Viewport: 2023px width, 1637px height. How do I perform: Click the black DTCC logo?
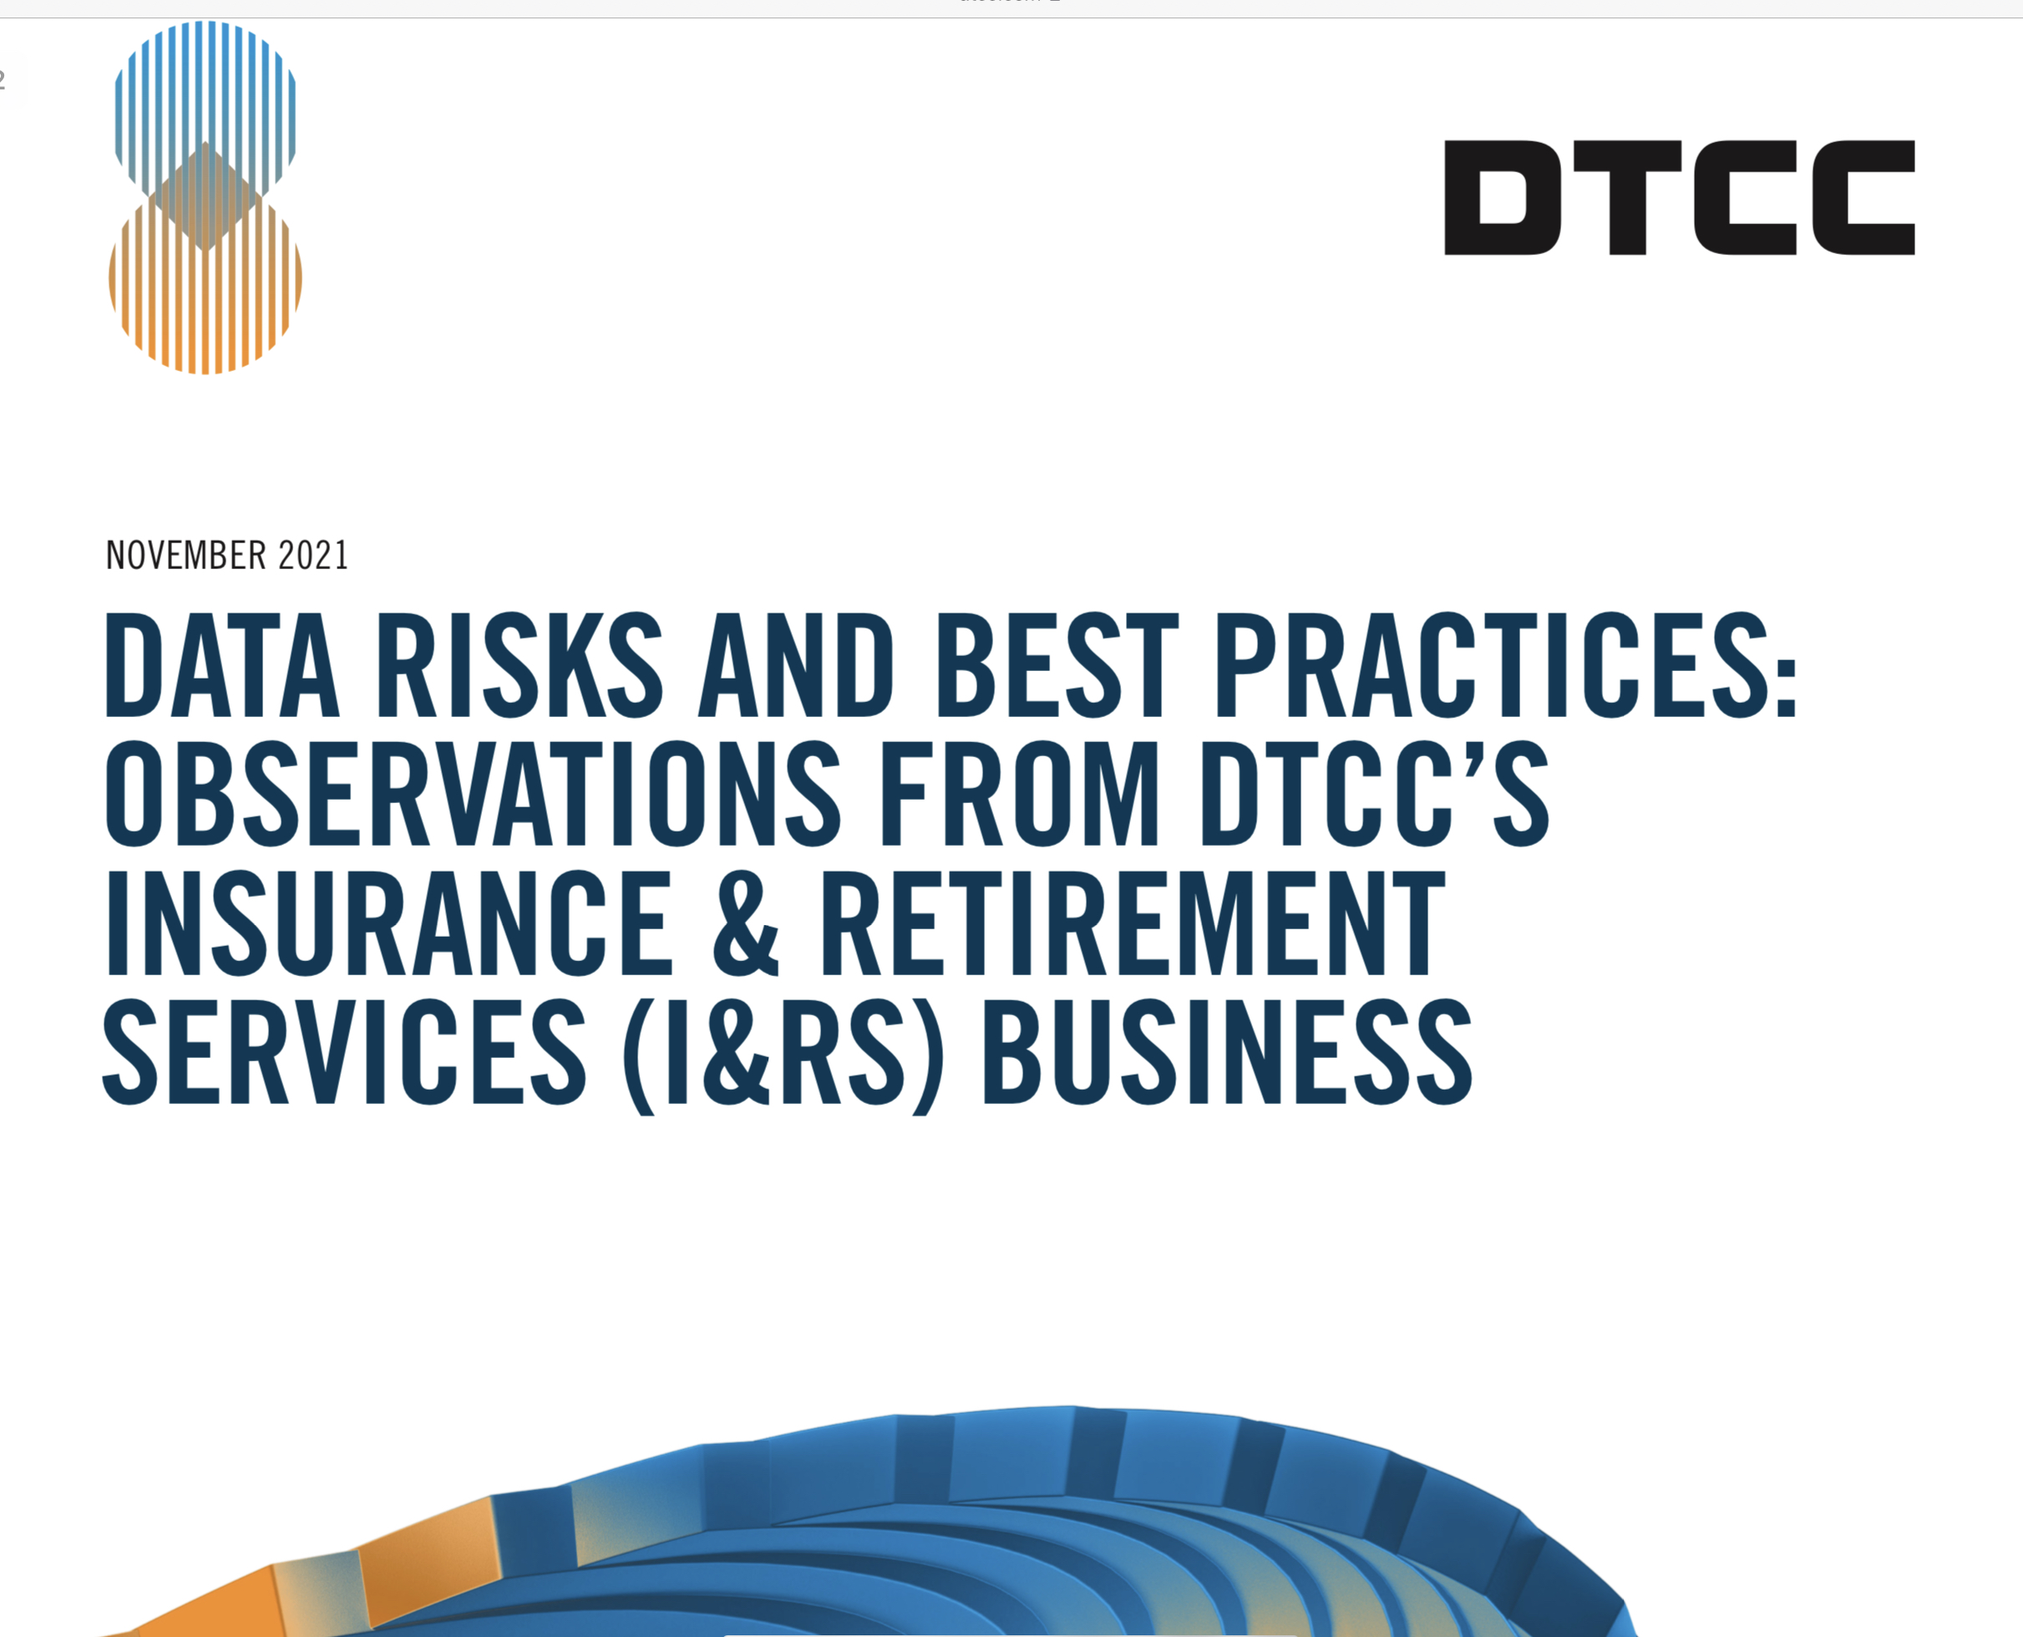pyautogui.click(x=1680, y=197)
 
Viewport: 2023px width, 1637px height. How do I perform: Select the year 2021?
pyautogui.click(x=313, y=555)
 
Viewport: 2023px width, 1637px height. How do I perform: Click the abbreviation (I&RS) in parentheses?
pyautogui.click(x=783, y=1056)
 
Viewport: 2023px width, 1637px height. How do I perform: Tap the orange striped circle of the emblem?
pyautogui.click(x=205, y=302)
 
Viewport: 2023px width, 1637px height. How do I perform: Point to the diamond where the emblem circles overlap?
pyautogui.click(x=205, y=197)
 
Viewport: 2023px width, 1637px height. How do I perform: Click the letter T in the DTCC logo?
pyautogui.click(x=1626, y=197)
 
